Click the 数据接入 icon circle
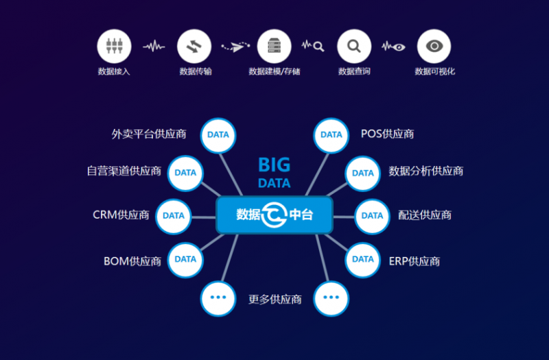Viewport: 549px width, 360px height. [113, 47]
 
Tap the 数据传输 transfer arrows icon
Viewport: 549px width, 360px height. [194, 47]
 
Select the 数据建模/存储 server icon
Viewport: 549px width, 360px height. [274, 47]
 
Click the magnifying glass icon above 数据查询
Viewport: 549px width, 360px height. [354, 47]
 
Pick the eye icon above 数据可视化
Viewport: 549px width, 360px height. [434, 47]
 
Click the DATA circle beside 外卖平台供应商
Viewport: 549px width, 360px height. [218, 135]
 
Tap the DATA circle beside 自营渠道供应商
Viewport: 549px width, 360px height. [185, 173]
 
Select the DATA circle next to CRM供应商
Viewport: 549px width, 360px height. [174, 216]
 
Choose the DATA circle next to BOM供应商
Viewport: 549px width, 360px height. [185, 259]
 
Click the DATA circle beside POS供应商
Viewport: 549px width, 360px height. [331, 135]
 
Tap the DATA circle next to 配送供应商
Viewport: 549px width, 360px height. [372, 216]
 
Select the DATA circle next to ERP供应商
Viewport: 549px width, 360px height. [363, 259]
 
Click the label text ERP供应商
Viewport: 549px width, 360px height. [414, 261]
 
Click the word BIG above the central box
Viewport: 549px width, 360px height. [274, 165]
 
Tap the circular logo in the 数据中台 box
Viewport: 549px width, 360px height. [274, 215]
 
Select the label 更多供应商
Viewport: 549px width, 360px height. [274, 300]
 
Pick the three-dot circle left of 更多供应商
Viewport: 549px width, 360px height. [218, 298]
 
